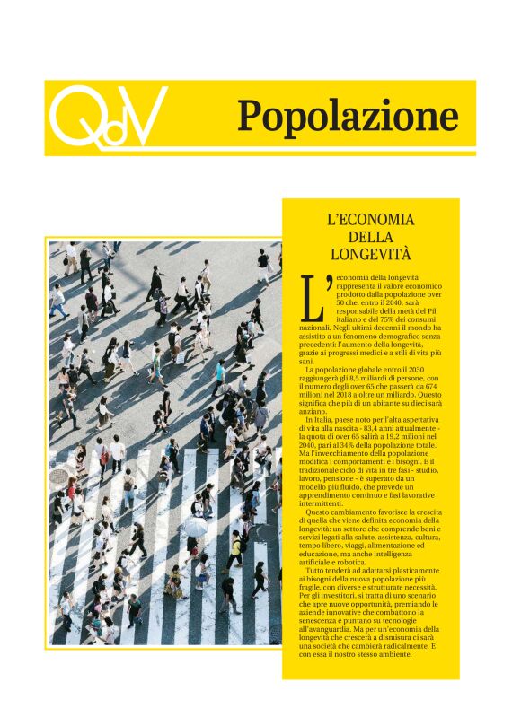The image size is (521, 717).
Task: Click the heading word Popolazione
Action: click(348, 117)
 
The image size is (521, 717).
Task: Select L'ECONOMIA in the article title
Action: click(370, 220)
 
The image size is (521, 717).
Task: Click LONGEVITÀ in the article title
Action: click(370, 253)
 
